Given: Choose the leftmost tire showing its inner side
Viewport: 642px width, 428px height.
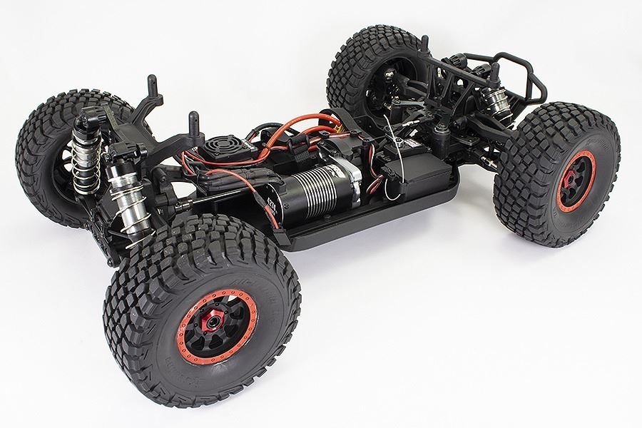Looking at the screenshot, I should click(50, 157).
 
